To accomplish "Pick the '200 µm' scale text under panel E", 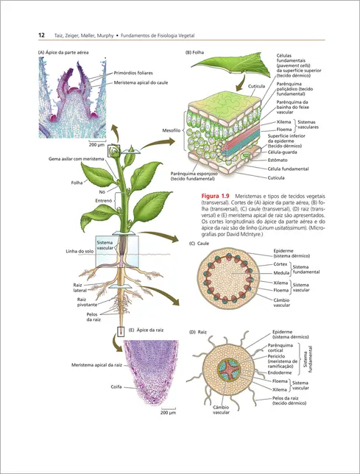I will click(167, 414).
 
